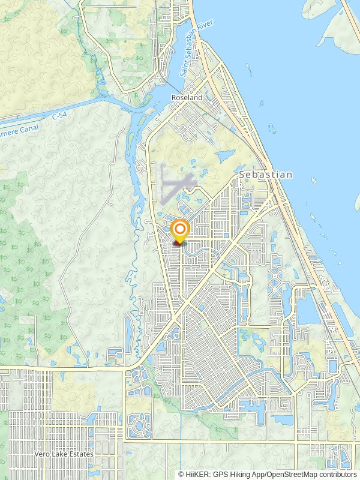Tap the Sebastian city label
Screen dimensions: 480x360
(266, 175)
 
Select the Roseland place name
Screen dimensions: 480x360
(187, 97)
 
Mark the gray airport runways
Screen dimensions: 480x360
(176, 187)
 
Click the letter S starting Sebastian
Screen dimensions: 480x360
(242, 175)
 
